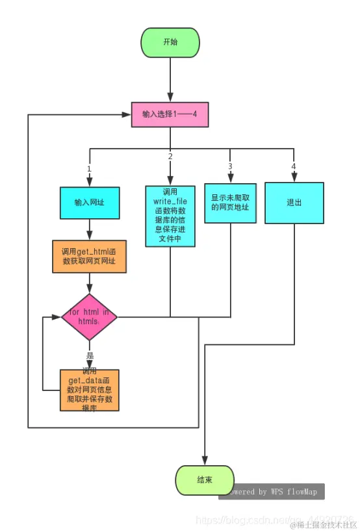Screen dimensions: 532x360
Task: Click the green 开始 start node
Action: pyautogui.click(x=170, y=42)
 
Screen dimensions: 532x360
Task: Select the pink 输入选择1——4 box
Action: pyautogui.click(x=170, y=114)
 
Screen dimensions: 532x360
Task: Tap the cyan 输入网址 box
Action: pyautogui.click(x=90, y=203)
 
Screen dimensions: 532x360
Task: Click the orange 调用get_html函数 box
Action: pyautogui.click(x=89, y=256)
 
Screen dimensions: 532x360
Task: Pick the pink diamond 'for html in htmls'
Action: pyautogui.click(x=90, y=317)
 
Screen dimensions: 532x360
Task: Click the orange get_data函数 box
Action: pyautogui.click(x=90, y=390)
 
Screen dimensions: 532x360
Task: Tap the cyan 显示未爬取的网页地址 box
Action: pyautogui.click(x=230, y=203)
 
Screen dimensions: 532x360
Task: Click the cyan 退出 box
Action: pyautogui.click(x=294, y=203)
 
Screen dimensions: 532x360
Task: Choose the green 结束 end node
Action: pyautogui.click(x=205, y=481)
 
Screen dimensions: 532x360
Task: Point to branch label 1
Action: pyautogui.click(x=89, y=168)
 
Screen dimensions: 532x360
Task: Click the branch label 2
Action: pyautogui.click(x=170, y=157)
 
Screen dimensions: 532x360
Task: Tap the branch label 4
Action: pyautogui.click(x=294, y=166)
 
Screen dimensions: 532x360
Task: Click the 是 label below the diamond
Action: pyautogui.click(x=90, y=356)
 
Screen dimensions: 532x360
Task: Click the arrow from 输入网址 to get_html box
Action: pyautogui.click(x=90, y=229)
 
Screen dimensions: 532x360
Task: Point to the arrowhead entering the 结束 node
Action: pyautogui.click(x=205, y=461)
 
